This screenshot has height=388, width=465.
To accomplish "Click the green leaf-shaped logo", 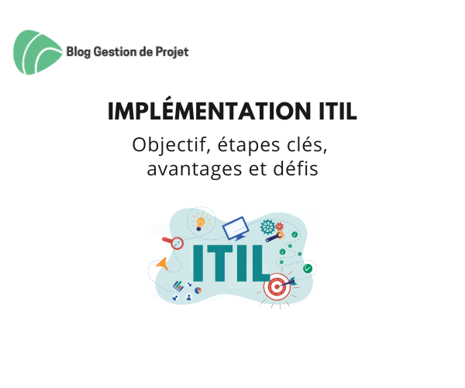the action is point(37,52).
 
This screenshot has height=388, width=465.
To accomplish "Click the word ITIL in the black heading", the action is point(338,111).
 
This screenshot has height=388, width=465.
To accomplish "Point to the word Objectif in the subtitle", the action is point(169,145).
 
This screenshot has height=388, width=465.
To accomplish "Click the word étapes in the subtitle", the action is point(249,145).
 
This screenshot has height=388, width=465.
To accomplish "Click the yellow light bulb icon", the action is point(201,223).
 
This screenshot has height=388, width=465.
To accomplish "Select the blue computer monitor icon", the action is point(236,228).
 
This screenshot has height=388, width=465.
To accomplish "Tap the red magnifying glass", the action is point(174,243).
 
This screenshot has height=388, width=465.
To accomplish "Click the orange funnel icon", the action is point(163,264).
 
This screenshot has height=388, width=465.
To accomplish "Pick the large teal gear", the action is point(267,227).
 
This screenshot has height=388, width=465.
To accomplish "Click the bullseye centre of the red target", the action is point(277,287).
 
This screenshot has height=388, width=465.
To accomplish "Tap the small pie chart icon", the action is point(198,290).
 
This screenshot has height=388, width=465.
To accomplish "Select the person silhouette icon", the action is point(188,297).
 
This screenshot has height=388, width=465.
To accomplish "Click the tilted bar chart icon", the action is point(178,286).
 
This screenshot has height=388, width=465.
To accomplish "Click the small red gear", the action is point(279,227).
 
